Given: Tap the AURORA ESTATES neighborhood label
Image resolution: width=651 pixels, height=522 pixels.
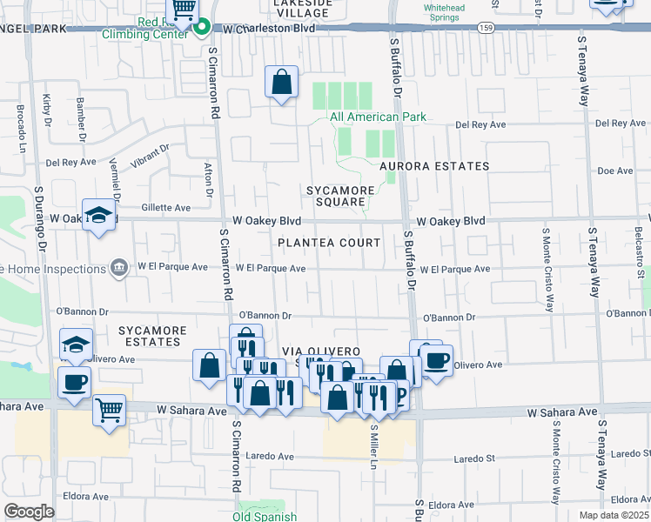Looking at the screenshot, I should (x=433, y=165).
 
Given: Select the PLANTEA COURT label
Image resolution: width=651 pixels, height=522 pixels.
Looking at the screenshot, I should (x=329, y=243).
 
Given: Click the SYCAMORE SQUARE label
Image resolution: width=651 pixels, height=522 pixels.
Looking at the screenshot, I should (x=339, y=196).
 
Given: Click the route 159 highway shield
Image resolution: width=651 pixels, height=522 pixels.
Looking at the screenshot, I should (x=486, y=28).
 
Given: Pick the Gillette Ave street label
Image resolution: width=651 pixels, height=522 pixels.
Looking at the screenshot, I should (x=165, y=208).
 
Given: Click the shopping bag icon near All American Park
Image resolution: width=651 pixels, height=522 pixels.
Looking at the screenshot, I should (x=282, y=83).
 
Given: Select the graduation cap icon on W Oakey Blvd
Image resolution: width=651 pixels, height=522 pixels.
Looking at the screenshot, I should (x=99, y=216).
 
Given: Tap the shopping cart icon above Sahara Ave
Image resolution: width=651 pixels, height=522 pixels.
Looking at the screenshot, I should (x=109, y=408).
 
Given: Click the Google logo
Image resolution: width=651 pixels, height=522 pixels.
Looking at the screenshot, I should (x=29, y=512).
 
